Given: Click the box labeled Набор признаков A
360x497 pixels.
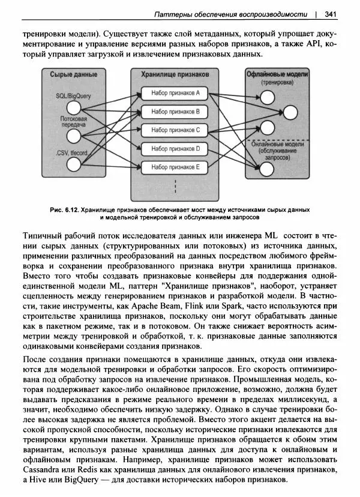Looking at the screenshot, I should point(175,94).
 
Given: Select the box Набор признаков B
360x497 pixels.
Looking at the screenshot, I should point(175,112).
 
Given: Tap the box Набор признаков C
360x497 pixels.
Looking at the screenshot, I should point(175,130).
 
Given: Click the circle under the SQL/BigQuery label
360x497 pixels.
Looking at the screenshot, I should point(73,108).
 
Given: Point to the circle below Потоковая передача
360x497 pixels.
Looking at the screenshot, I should point(73,139).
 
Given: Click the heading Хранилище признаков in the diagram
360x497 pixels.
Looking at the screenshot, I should point(175,74).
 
